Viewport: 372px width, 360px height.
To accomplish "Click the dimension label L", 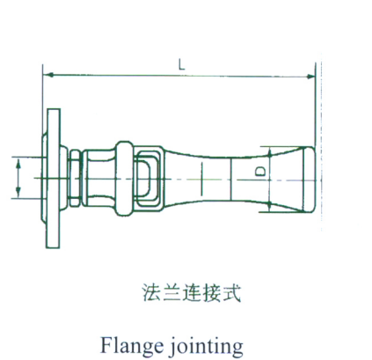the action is pos(182,65).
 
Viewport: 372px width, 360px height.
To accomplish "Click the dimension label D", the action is pos(260,172).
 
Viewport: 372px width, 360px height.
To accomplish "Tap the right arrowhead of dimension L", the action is pos(310,77).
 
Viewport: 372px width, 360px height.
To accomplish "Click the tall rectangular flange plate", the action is pos(53,179).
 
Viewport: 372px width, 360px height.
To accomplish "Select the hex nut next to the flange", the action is pos(74,178).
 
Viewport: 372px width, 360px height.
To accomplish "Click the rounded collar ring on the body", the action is pos(125,179).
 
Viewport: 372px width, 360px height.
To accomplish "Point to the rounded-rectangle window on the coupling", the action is pos(149,178).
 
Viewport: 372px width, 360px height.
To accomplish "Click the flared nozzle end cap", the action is pos(309,180).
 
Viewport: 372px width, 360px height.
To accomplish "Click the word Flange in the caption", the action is pos(132,345).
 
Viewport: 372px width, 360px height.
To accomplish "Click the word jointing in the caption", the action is pos(207,345).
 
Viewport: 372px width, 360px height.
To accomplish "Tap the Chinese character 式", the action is pos(231,292).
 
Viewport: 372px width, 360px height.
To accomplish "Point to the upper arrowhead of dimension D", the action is pos(270,152).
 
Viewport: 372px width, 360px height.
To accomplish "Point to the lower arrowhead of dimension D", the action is pos(270,207).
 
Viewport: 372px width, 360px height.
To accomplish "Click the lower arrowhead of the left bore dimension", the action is pos(18,193).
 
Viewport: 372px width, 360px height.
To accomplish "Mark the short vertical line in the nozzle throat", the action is pos(201,179).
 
